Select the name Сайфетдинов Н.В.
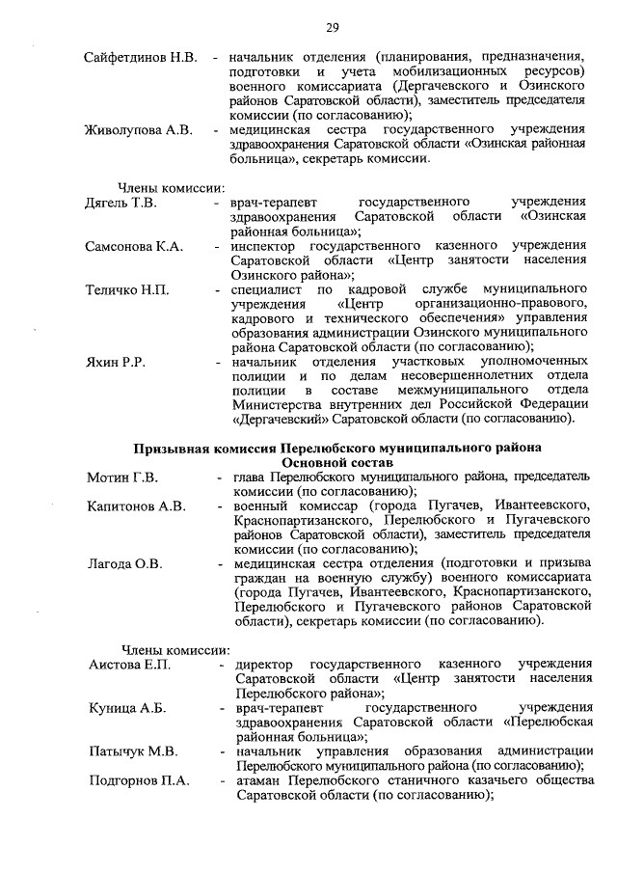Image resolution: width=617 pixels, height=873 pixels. tap(141, 58)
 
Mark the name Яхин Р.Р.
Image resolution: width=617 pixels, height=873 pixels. tap(115, 361)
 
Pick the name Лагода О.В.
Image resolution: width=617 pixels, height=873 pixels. tap(125, 562)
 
